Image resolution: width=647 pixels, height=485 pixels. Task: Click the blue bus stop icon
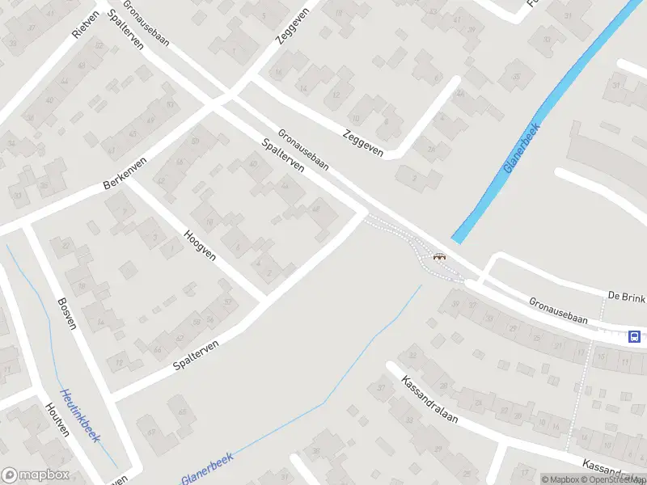pos(635,337)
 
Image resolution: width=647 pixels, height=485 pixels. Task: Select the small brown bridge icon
pos(440,257)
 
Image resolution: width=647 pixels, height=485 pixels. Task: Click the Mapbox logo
pos(36,475)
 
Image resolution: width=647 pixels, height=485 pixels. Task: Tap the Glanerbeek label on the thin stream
pos(207,470)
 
